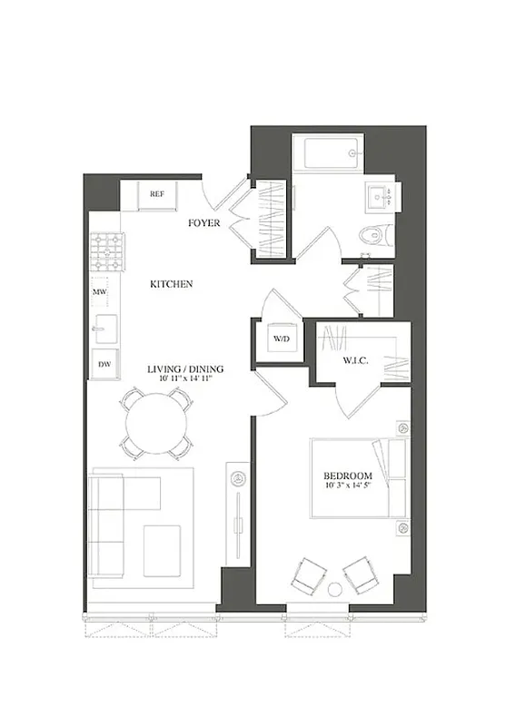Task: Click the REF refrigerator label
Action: point(157,194)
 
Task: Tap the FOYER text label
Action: point(204,222)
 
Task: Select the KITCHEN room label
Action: point(172,284)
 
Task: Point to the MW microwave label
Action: point(100,292)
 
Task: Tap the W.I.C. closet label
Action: point(354,359)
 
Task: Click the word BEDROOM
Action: point(348,476)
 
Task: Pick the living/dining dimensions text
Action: point(185,380)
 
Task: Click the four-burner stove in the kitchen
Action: point(106,250)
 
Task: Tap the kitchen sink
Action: point(105,329)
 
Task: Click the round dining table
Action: point(156,424)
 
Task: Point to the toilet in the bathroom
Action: point(374,235)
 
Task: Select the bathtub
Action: point(332,152)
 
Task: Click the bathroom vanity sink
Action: point(380,196)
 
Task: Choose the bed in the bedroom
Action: point(357,478)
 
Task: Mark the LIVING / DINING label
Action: point(185,369)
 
